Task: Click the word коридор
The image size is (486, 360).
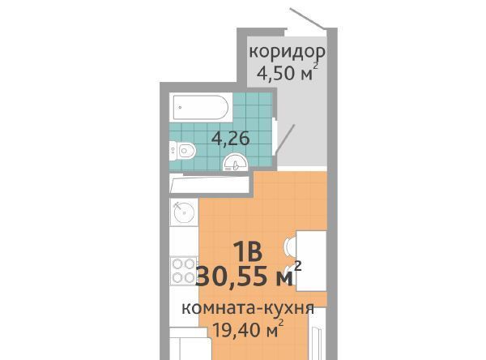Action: [287, 52]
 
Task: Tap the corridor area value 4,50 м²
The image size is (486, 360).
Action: [288, 73]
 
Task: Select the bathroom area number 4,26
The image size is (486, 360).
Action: [230, 139]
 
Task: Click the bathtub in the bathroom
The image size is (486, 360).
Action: [201, 107]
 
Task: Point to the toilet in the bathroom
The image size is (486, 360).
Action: [182, 151]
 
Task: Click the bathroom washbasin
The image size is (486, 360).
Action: [236, 162]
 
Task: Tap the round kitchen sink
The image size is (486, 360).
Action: [184, 212]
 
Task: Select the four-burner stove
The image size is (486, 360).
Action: [184, 270]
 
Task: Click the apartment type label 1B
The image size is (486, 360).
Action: [248, 251]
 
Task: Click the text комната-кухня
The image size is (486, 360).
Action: [248, 309]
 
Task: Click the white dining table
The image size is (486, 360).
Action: [312, 261]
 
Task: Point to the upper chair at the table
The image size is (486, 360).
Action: [290, 246]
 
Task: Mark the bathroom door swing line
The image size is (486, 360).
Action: [285, 139]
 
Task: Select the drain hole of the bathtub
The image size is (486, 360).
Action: [180, 108]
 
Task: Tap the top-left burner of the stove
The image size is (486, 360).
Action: [177, 264]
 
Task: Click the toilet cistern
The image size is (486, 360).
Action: [173, 151]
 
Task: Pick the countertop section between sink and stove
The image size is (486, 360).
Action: [184, 242]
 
